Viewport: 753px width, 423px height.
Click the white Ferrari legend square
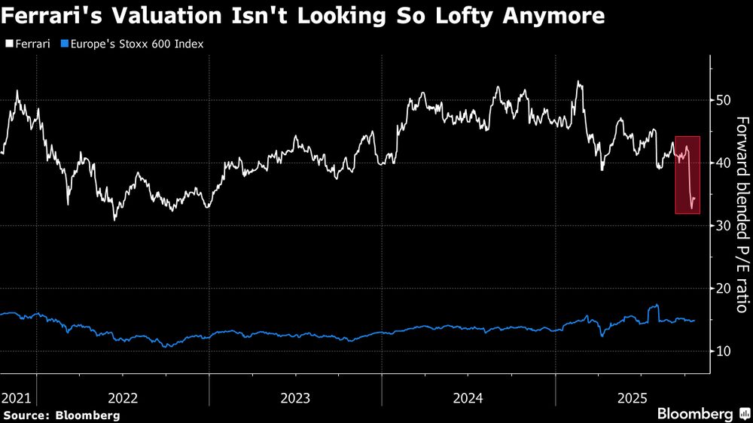(x=8, y=44)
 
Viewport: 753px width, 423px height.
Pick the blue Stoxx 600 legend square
(x=65, y=44)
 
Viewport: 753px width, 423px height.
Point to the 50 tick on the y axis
(x=724, y=100)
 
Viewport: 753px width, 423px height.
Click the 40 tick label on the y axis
(x=724, y=163)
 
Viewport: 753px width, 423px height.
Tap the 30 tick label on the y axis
(x=724, y=226)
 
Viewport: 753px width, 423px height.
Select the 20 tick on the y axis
(x=724, y=288)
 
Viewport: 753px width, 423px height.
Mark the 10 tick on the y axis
(x=724, y=351)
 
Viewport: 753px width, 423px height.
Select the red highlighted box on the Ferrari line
(x=687, y=175)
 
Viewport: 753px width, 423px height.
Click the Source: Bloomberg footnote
(x=61, y=415)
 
